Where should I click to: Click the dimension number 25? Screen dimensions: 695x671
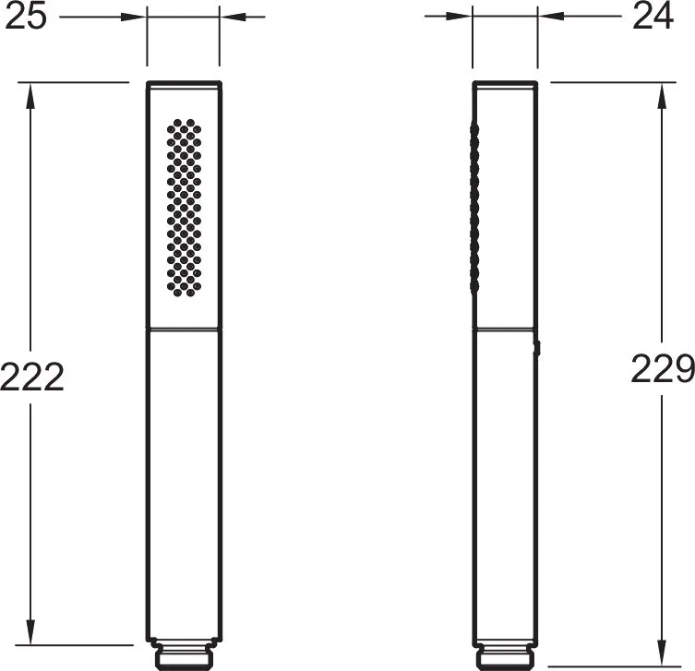click(x=26, y=17)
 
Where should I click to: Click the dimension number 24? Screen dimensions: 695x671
click(x=653, y=17)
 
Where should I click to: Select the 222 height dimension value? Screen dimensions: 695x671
click(x=32, y=377)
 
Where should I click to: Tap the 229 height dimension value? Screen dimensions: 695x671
click(x=663, y=368)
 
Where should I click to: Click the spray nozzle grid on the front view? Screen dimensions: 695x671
click(x=184, y=208)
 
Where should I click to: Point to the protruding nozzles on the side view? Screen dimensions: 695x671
click(x=474, y=209)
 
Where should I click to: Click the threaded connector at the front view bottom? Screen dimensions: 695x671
click(x=185, y=654)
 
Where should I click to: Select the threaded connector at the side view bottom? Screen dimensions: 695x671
click(x=505, y=654)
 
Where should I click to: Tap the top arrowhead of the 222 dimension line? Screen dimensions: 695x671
click(x=30, y=95)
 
